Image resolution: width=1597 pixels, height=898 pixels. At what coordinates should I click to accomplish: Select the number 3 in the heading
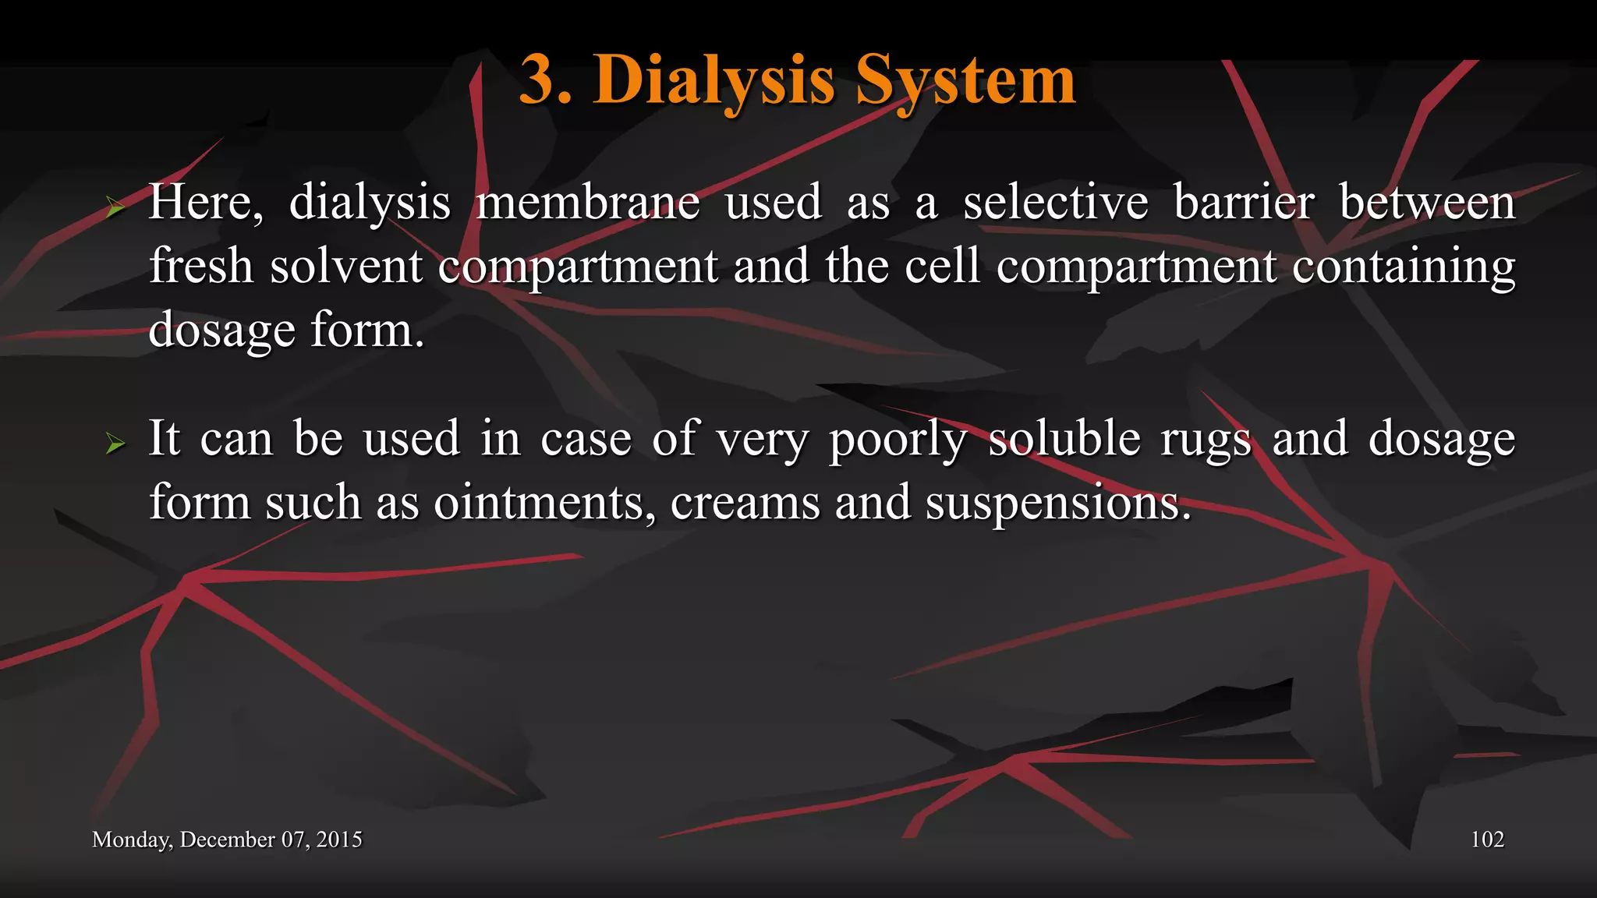tap(537, 80)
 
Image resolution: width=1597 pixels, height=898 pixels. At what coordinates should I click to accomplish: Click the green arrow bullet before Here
tap(115, 207)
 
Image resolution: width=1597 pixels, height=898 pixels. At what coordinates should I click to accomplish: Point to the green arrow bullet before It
tap(115, 444)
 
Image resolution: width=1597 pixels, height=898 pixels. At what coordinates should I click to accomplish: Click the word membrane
tap(588, 203)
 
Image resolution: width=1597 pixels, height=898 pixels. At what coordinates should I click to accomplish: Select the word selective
tap(1055, 203)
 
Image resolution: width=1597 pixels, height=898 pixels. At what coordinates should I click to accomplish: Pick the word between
tap(1427, 203)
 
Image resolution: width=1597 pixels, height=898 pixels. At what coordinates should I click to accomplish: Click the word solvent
tap(346, 267)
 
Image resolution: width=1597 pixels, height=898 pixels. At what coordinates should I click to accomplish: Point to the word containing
tap(1404, 267)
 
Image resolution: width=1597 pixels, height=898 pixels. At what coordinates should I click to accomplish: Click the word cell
tap(942, 267)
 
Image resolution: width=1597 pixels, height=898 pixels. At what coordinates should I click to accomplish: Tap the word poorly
tap(898, 440)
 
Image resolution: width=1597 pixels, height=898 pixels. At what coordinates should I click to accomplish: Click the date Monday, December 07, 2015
tap(227, 840)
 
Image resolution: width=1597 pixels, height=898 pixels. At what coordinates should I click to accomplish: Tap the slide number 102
tap(1487, 840)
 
